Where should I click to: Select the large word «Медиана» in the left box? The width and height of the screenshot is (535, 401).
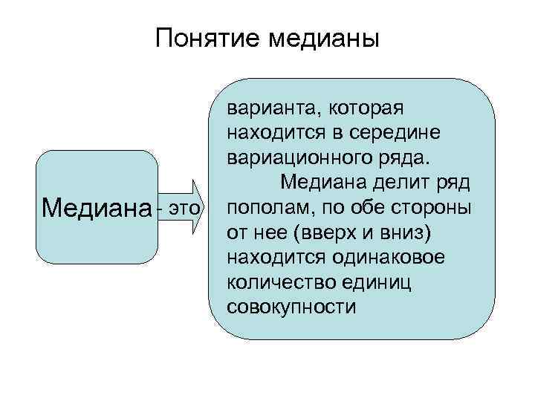click(95, 207)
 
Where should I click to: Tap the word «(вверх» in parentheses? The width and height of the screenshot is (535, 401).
click(323, 233)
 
